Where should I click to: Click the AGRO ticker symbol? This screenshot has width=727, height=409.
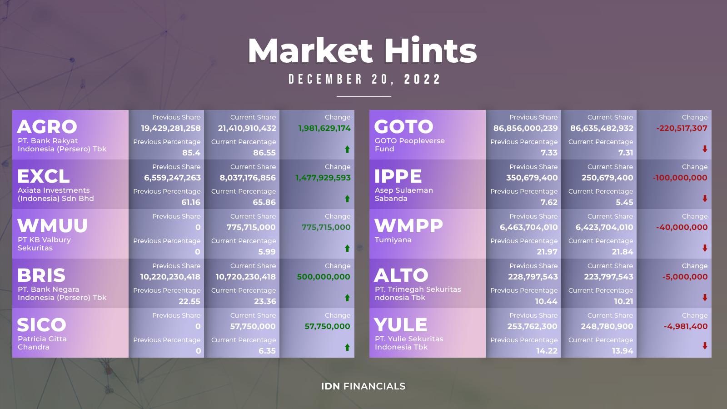[47, 127]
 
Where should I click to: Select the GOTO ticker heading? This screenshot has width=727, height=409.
[404, 127]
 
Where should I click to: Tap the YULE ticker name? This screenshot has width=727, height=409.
[400, 324]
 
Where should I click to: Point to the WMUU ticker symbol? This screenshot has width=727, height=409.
[52, 225]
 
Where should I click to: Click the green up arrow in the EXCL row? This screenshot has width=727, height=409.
[347, 199]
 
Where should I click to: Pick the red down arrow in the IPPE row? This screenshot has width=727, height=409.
[705, 198]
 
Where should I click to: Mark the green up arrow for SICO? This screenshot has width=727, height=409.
[347, 347]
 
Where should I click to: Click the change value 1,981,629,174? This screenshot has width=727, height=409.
[324, 128]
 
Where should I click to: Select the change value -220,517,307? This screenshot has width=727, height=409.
[682, 128]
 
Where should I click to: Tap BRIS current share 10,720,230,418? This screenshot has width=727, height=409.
[246, 277]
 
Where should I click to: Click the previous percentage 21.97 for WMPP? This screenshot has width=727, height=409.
[547, 252]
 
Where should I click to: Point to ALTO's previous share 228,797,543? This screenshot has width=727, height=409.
[533, 277]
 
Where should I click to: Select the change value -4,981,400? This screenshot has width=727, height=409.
[686, 326]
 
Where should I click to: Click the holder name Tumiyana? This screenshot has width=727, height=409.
[393, 240]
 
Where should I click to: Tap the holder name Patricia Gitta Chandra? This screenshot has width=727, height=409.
[42, 343]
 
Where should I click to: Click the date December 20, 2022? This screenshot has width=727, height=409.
[364, 79]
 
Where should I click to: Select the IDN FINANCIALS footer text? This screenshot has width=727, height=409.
[363, 386]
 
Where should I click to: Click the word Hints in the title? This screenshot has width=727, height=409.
[430, 50]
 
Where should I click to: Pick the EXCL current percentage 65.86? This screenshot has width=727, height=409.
[264, 202]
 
